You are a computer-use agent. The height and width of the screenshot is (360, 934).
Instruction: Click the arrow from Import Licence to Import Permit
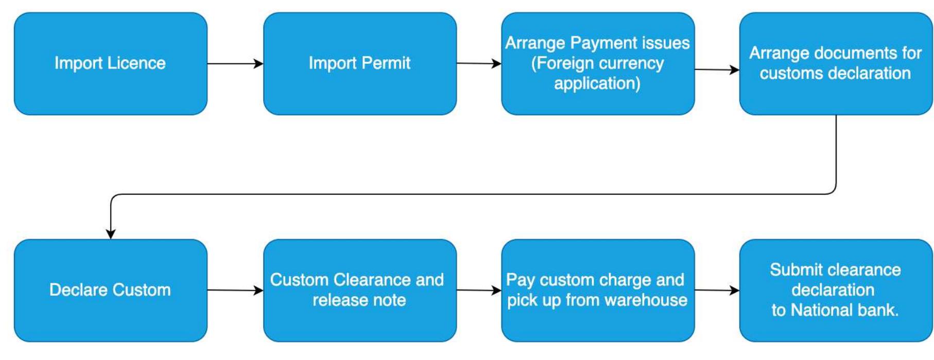tap(235, 64)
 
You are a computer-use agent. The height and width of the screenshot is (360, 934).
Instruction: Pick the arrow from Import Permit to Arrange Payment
tap(479, 64)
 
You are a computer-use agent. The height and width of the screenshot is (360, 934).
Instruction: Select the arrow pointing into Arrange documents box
tap(717, 70)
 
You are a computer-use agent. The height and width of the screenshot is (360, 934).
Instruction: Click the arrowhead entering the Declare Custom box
tap(111, 233)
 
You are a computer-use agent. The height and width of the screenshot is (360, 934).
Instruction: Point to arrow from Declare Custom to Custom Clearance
tap(235, 290)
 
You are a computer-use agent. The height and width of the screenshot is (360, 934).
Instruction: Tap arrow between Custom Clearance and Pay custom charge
tap(479, 290)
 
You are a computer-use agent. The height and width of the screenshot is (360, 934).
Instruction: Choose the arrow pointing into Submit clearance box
tap(717, 290)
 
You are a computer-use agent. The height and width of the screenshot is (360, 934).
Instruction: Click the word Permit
tap(386, 63)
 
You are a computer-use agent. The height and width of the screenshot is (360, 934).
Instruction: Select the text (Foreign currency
tap(597, 63)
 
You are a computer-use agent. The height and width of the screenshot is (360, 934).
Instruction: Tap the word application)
tap(597, 83)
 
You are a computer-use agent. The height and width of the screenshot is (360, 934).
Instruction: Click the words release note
tap(359, 300)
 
